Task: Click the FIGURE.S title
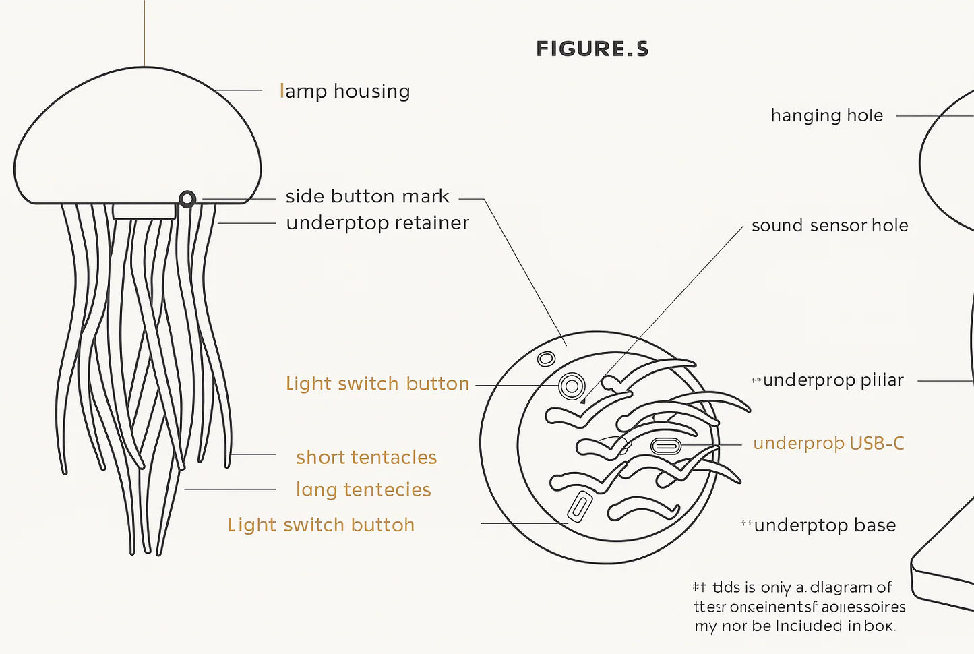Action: pos(592,49)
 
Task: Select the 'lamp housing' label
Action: pos(344,91)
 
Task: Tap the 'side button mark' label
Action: pos(367,196)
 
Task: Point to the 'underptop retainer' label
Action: pos(377,223)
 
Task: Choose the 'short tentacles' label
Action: pos(366,457)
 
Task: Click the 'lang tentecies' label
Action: pos(363,489)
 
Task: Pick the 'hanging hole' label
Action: pos(826,116)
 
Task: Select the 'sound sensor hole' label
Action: pos(830,225)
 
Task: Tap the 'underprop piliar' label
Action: pos(833,380)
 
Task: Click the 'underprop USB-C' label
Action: pos(828,443)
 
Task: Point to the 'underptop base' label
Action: pos(824,525)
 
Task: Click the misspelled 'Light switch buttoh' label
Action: pos(321,525)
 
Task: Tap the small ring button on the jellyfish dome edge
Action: pos(187,199)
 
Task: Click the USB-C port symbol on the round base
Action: pos(666,446)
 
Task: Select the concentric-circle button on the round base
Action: pos(571,386)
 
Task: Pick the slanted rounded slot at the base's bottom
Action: pos(579,506)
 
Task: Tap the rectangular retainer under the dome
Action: pos(144,212)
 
